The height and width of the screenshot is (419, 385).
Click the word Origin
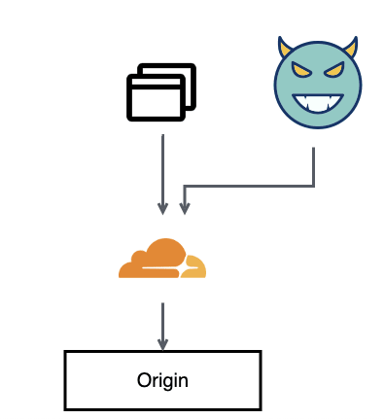click(x=162, y=380)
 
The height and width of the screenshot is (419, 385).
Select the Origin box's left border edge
click(x=65, y=380)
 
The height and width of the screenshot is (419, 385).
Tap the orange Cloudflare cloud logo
click(x=156, y=259)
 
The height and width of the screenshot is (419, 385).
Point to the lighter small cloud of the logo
click(x=195, y=267)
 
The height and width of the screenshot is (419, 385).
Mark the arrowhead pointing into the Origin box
click(x=162, y=343)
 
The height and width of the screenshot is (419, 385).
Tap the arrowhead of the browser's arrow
click(x=162, y=207)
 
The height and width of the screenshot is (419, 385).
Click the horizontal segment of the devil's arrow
click(x=249, y=184)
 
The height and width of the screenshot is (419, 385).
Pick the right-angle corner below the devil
click(x=313, y=184)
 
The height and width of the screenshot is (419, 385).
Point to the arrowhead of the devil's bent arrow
click(x=185, y=207)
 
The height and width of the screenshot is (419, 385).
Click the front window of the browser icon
click(x=155, y=102)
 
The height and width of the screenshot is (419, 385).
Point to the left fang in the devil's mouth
click(x=300, y=101)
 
